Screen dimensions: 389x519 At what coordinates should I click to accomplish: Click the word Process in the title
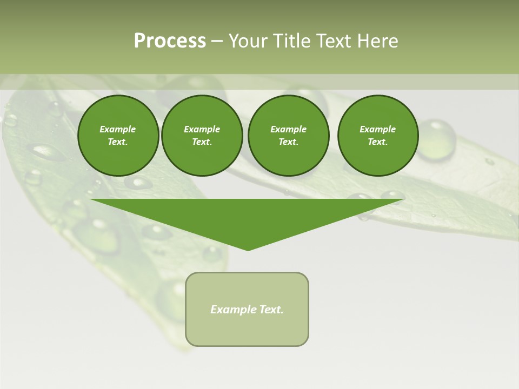coord(170,41)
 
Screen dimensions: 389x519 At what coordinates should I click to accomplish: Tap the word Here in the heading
coord(376,41)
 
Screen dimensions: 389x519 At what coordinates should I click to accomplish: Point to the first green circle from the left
coord(118,136)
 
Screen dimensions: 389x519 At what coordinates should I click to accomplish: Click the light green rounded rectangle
coord(247,330)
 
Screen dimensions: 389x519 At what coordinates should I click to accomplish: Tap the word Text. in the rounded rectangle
coord(271,310)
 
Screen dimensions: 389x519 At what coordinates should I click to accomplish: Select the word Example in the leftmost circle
coord(118,129)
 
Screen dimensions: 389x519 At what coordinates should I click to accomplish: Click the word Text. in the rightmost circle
coord(378,142)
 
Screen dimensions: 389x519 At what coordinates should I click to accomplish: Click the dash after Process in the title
coord(217,41)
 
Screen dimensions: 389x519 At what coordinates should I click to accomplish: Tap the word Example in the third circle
coord(288,129)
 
